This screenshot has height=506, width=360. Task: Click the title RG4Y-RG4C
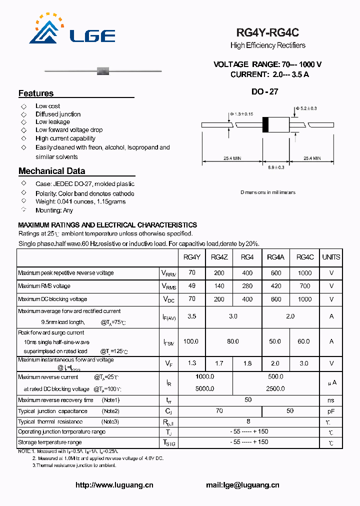[267, 33]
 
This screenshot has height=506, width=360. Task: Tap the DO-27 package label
[264, 91]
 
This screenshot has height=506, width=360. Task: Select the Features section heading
[36, 93]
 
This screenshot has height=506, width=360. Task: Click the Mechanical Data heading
[51, 171]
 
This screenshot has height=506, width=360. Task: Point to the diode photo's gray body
[102, 70]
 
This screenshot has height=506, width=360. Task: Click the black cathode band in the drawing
[266, 124]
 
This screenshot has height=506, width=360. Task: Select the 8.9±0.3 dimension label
[275, 167]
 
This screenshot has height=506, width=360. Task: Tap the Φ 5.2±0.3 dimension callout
[306, 108]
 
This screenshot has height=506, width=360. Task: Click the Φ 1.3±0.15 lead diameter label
[241, 114]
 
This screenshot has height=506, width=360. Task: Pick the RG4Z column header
[219, 257]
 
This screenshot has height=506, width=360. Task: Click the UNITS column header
[331, 257]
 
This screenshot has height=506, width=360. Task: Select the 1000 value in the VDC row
[304, 299]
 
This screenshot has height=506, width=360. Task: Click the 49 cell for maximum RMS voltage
[191, 286]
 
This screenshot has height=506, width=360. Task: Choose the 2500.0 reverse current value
[275, 388]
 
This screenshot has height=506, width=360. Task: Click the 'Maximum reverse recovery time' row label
[55, 400]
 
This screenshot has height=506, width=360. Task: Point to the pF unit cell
[331, 411]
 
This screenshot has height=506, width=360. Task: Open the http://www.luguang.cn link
[114, 485]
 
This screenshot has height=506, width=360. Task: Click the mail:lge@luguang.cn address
[242, 485]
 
